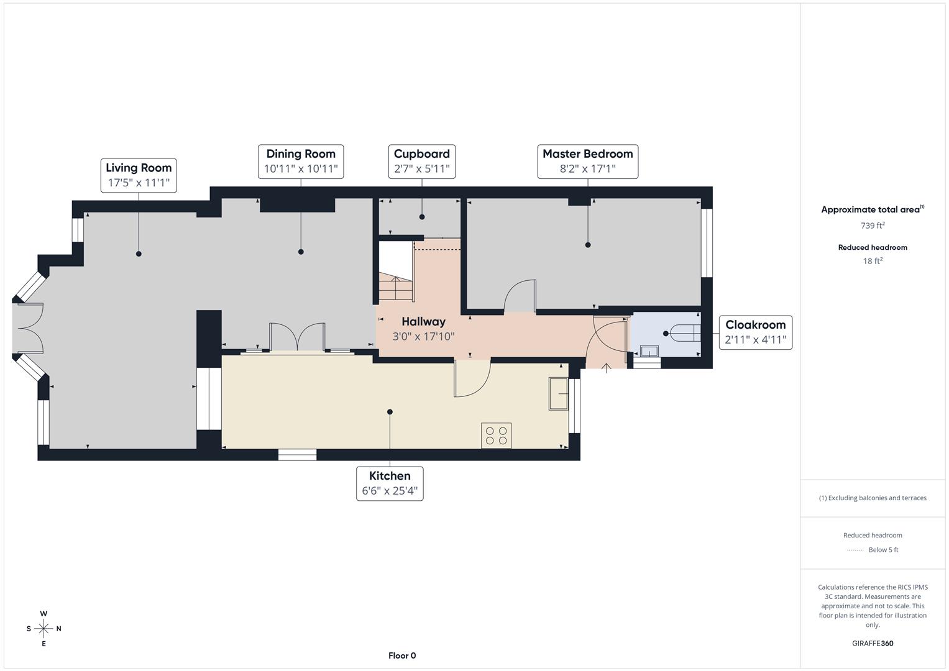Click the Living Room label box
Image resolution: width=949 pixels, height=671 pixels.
coord(139,175)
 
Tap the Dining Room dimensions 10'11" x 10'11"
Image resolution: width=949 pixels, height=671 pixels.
coord(301,169)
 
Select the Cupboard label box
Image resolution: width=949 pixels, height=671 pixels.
coord(422,162)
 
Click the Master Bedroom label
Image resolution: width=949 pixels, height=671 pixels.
coord(587,154)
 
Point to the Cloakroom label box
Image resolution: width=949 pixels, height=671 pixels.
coord(755,332)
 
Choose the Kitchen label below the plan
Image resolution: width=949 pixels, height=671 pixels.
coord(390,476)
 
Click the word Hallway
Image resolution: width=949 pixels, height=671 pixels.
coord(423,322)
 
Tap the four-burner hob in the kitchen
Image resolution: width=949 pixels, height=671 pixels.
coord(496,435)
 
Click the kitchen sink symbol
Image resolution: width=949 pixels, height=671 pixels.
coord(558,393)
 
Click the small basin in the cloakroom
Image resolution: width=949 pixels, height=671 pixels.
coord(649,351)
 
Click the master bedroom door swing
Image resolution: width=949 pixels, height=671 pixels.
coord(520,296)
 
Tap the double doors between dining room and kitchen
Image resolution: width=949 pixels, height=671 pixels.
coord(297,337)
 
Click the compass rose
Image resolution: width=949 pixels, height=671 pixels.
coord(44,629)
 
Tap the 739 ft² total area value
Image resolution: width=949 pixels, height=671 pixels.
coord(872,226)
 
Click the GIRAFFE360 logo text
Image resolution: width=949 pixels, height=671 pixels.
coord(872,644)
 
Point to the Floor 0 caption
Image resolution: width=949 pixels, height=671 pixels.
coord(402,655)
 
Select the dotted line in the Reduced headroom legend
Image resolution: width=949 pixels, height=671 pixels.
coord(855,550)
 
